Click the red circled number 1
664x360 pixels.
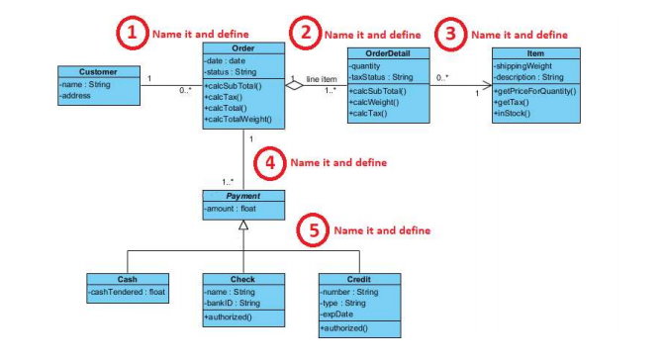pyautogui.click(x=130, y=32)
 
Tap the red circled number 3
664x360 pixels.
pyautogui.click(x=451, y=34)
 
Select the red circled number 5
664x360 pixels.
pyautogui.click(x=313, y=229)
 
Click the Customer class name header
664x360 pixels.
pyautogui.click(x=98, y=71)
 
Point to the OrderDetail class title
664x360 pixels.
pyautogui.click(x=389, y=53)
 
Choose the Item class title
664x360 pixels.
pyautogui.click(x=534, y=53)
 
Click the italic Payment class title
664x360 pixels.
pyautogui.click(x=243, y=196)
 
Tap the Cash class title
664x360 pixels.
pyautogui.click(x=128, y=279)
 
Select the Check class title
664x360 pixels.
pyautogui.click(x=243, y=279)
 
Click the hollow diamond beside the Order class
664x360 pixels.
pyautogui.click(x=294, y=87)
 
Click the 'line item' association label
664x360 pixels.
pyautogui.click(x=322, y=78)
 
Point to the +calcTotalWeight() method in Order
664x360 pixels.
pyautogui.click(x=237, y=120)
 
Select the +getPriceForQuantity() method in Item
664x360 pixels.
pyautogui.click(x=534, y=91)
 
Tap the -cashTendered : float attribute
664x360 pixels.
pyautogui.click(x=128, y=292)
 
